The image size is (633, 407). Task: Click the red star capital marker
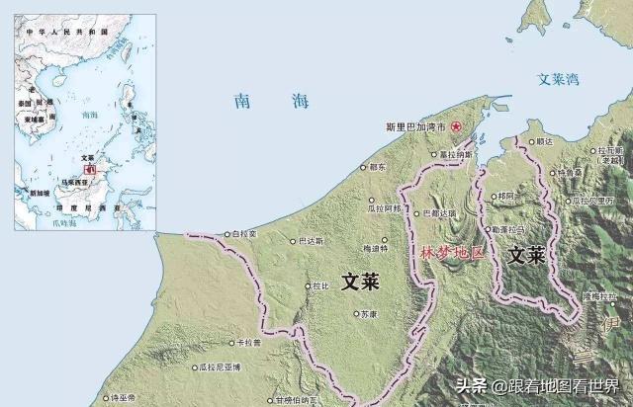pos(456,127)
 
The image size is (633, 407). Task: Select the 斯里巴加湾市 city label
pos(415,127)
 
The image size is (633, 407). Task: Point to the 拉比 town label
pos(319,286)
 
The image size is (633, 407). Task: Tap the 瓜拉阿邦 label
pos(384,208)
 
